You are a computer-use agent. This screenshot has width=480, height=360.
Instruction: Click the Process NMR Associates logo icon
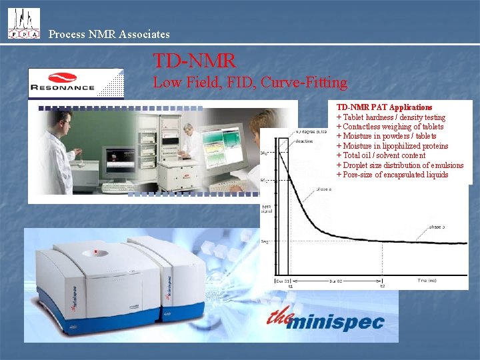click(23, 23)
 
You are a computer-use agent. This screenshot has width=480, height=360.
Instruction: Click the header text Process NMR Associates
click(109, 34)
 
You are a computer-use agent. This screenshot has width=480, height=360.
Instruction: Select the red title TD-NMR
click(194, 61)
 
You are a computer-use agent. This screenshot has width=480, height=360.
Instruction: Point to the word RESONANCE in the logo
click(62, 87)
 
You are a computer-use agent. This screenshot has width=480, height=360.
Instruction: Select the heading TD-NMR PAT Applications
click(384, 107)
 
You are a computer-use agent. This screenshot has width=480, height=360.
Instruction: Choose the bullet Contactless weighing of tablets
click(390, 127)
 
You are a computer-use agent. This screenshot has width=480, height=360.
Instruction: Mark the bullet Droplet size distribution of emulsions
click(400, 165)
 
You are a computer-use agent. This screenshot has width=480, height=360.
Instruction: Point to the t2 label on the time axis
click(382, 286)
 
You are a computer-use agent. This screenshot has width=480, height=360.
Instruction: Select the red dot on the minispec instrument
click(97, 252)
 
